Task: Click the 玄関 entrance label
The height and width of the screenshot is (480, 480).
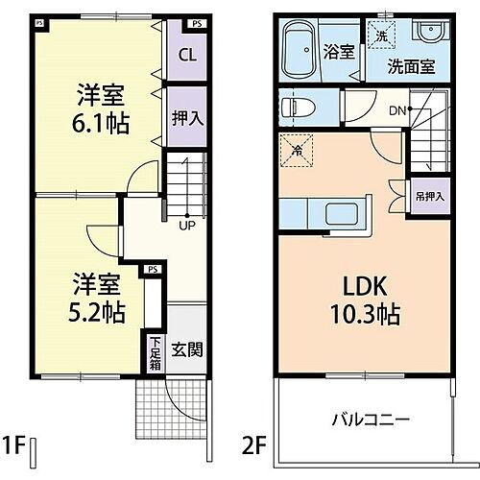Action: [185, 349]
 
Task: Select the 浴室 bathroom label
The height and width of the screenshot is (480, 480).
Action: [339, 51]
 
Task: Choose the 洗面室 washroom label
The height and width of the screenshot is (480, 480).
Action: [411, 67]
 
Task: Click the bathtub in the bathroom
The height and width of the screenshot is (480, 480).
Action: [301, 50]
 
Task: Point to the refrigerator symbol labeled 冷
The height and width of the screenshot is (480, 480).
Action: [297, 149]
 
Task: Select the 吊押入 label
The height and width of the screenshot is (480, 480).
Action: [430, 197]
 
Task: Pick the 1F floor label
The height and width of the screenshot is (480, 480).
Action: [13, 447]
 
